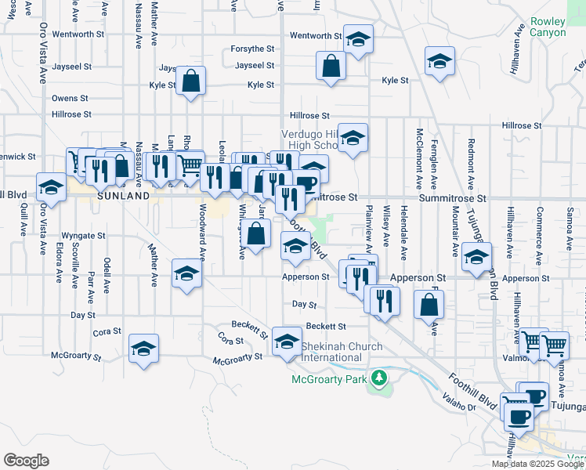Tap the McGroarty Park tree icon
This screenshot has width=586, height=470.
coord(380,379)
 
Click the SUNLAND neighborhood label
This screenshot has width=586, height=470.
coord(123,197)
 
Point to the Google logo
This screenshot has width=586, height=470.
coord(26,461)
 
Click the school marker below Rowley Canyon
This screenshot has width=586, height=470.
coord(439,61)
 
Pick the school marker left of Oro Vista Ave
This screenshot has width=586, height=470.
coord(52,188)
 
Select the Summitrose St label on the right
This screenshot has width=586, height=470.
coord(453,199)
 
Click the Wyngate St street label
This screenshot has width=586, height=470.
coord(84,235)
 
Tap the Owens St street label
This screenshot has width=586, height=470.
coord(70,99)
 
